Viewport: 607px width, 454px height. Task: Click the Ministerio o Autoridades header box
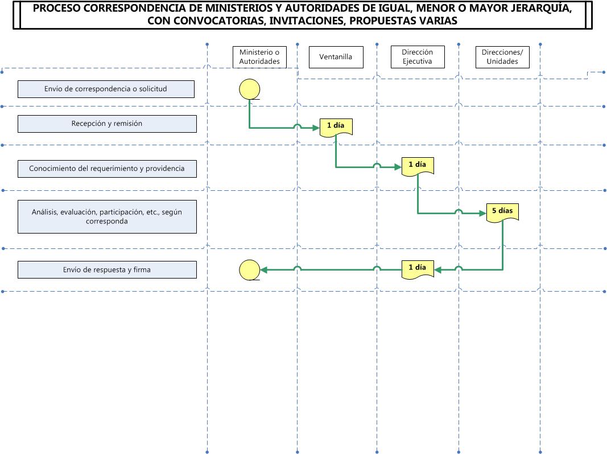(259, 57)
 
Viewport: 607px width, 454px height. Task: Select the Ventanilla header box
(336, 57)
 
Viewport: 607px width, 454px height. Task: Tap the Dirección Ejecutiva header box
(418, 57)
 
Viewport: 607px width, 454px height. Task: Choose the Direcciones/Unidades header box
(502, 57)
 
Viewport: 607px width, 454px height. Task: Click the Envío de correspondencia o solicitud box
(106, 89)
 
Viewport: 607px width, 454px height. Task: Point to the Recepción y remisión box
(107, 124)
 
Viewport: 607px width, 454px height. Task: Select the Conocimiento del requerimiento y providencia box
(107, 169)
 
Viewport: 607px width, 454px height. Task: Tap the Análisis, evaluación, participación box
(107, 216)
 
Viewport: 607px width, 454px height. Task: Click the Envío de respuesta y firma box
(107, 270)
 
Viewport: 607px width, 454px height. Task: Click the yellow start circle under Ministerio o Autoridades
(250, 89)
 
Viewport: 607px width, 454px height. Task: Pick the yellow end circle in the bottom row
(250, 270)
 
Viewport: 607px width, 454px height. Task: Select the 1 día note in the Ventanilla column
(336, 127)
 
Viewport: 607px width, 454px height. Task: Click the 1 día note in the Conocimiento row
(418, 166)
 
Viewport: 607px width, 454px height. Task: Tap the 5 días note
(502, 213)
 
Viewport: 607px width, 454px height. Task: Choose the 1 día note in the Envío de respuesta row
(418, 269)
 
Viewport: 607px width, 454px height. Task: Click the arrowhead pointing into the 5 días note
(483, 213)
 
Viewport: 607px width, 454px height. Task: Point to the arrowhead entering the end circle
(263, 270)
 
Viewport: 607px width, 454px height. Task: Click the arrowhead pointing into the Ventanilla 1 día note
(316, 128)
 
